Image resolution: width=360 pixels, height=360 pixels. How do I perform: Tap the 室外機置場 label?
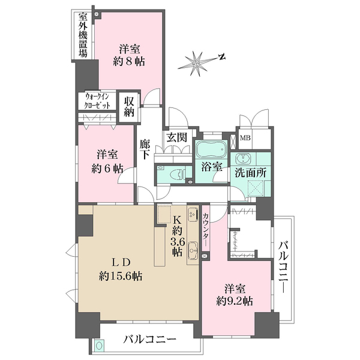(82, 35)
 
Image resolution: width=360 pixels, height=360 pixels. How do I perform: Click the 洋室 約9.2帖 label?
(234, 293)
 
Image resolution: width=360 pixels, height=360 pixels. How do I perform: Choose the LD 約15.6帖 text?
(120, 269)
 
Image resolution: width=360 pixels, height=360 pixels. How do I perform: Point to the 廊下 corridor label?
(145, 149)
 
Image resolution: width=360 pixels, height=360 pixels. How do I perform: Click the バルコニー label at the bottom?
(150, 340)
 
